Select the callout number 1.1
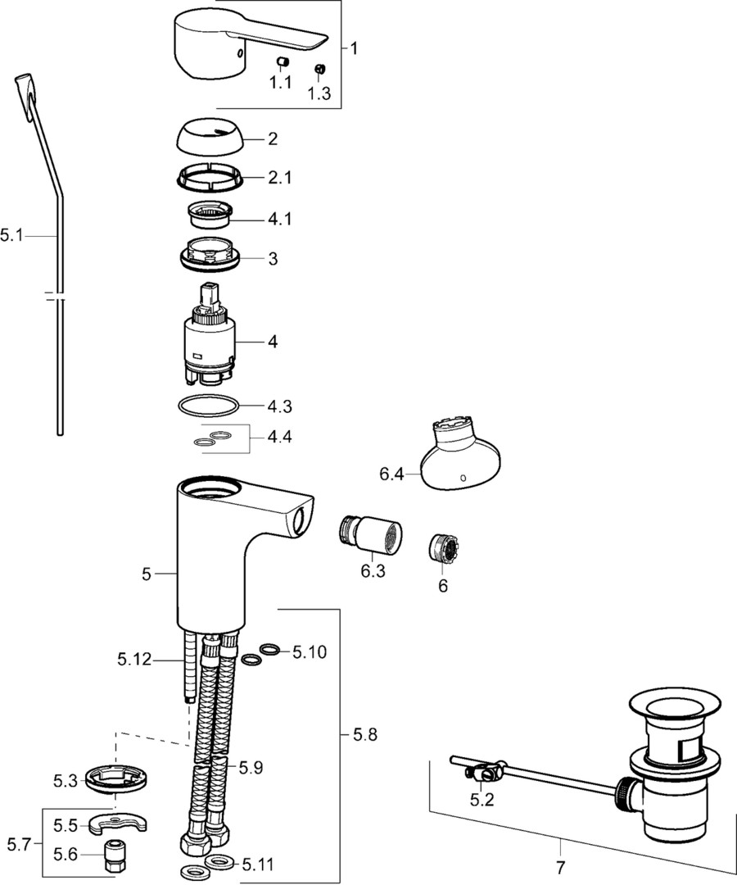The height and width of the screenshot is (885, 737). (280, 83)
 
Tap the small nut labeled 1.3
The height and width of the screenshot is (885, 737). (319, 68)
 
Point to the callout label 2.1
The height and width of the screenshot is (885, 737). (279, 178)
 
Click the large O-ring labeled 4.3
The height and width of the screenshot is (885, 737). (207, 406)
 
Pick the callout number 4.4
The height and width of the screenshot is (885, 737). (279, 436)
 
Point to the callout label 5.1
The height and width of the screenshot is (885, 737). (11, 234)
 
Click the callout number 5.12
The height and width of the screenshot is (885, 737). (135, 659)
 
